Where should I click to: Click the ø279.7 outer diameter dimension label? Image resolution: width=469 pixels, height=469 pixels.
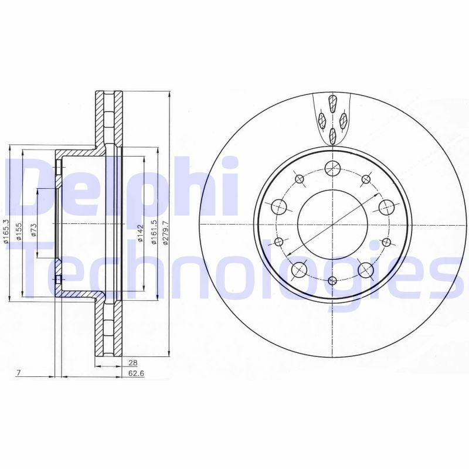(165, 233)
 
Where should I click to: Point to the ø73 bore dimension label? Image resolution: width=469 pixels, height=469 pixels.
(34, 229)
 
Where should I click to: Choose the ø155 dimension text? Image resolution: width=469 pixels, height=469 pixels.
(19, 230)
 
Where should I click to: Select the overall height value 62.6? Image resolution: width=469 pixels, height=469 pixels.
(136, 373)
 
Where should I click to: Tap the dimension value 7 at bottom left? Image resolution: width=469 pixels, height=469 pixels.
(19, 373)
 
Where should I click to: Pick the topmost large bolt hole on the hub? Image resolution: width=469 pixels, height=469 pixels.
(332, 167)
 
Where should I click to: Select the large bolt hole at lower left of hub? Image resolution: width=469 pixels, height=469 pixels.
(298, 269)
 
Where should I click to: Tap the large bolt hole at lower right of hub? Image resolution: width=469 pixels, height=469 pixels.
(366, 269)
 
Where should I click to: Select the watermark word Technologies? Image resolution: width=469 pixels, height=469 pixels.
(235, 276)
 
